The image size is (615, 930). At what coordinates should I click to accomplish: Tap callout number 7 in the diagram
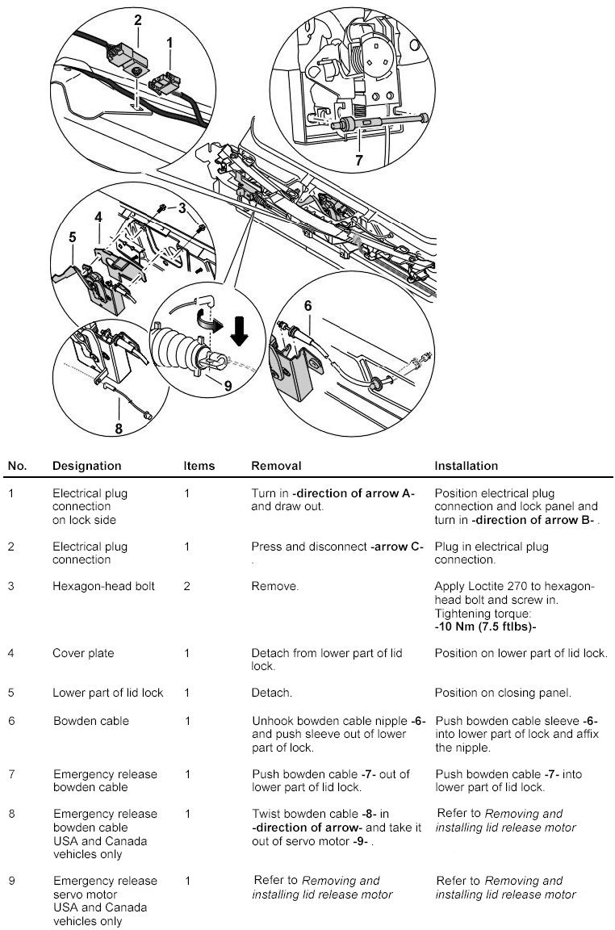[x=358, y=160]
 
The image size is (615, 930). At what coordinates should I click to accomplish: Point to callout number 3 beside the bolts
[x=182, y=208]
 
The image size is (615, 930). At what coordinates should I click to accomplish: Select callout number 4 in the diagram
[x=98, y=216]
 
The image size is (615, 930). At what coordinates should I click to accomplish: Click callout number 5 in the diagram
[x=72, y=237]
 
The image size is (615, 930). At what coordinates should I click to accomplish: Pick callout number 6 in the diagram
[x=307, y=306]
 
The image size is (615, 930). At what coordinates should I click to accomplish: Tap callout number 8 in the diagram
[x=119, y=429]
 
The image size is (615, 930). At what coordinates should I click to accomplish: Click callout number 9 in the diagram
[x=228, y=386]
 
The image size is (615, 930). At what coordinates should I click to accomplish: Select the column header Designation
[x=86, y=466]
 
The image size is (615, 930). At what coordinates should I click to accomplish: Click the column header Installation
[x=466, y=466]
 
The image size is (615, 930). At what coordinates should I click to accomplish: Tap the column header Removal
[x=276, y=466]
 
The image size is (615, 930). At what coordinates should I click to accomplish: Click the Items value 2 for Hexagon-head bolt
[x=187, y=586]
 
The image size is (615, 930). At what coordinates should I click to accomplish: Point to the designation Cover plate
[x=83, y=652]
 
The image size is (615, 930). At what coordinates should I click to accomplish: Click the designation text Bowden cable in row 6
[x=90, y=721]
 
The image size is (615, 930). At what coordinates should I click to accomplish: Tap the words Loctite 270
[x=495, y=586]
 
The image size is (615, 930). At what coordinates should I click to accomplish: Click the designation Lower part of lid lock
[x=107, y=693]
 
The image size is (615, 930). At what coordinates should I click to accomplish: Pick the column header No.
[x=17, y=466]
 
